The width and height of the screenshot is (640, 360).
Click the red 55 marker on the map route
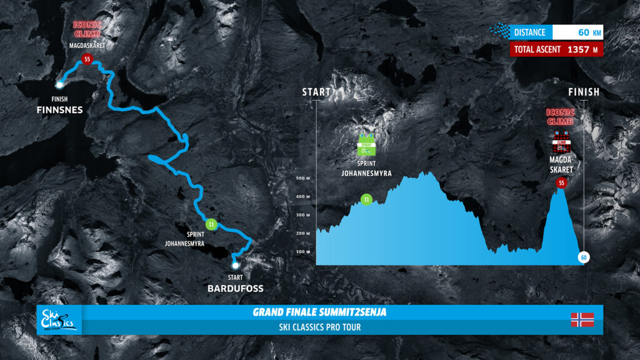pos(87,59)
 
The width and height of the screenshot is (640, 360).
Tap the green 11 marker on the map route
pos(211,224)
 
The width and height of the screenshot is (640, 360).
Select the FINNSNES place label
pos(59,110)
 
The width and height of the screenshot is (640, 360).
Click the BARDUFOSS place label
pos(236,289)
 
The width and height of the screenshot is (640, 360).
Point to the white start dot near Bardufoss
pos(236,266)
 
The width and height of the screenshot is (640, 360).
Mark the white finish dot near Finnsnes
pos(59,84)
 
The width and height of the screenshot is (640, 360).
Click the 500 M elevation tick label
pos(303,178)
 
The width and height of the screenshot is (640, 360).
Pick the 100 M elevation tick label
pos(303,251)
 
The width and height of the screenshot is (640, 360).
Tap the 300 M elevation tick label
pos(303,215)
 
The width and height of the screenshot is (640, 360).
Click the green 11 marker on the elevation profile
pos(366,200)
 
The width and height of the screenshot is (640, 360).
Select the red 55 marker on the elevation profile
pos(561,183)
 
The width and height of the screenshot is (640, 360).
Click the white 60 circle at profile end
pos(583,257)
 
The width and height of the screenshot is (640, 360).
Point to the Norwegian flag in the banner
pos(582,319)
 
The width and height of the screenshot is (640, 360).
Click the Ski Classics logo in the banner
pos(59,319)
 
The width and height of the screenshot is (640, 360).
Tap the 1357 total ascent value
pos(581,49)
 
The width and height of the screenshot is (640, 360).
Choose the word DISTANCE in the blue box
pos(530,32)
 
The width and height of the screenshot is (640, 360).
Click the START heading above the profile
pos(316,92)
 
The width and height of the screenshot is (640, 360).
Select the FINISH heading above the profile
pos(584,92)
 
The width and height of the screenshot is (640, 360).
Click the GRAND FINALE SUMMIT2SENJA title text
pos(319,312)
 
